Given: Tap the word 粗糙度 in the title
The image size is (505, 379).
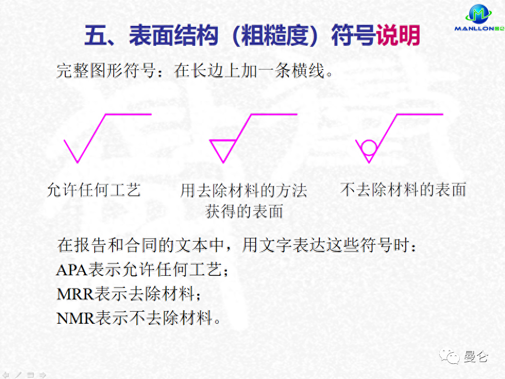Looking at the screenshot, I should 274,36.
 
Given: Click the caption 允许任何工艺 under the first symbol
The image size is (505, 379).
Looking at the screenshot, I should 94,189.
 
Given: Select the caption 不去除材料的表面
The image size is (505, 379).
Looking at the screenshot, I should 403,189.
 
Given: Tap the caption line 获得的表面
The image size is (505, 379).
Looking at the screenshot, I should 244,211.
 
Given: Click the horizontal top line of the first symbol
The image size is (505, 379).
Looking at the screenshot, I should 128,114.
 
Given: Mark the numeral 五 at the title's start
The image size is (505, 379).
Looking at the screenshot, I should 96,36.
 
